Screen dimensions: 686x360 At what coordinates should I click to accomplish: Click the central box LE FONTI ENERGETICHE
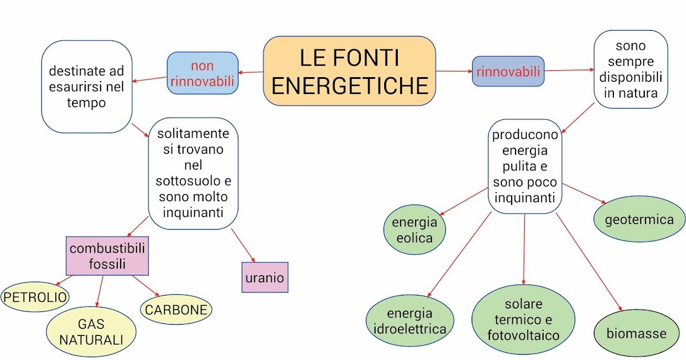click(349, 71)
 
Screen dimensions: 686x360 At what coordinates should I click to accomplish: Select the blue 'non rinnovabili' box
click(202, 73)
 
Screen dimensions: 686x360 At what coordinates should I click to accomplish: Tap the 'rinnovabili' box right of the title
click(508, 71)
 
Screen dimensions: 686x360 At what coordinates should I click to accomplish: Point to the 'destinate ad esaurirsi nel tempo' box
click(86, 87)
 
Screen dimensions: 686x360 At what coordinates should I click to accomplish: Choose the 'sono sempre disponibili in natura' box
click(631, 69)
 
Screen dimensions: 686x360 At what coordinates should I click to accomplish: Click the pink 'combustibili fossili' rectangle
click(107, 255)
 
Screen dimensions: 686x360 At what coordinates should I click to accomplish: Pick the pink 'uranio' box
click(265, 278)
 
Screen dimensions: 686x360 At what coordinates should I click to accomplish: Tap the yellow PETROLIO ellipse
click(35, 297)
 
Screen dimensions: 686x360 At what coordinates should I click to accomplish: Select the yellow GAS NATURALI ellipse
click(91, 332)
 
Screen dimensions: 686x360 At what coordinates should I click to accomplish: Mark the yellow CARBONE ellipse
click(176, 310)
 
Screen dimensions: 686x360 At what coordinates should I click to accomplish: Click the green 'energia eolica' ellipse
click(414, 229)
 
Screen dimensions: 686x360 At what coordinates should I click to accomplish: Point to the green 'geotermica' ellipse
click(639, 219)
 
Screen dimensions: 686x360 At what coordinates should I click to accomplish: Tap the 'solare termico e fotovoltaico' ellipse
click(523, 319)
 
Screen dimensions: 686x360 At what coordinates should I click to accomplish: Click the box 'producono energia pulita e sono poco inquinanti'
click(525, 166)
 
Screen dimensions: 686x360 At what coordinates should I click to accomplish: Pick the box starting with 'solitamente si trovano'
click(193, 173)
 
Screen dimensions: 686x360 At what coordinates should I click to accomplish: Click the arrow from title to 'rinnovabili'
click(454, 71)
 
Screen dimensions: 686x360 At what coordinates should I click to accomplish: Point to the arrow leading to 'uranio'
click(242, 245)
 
